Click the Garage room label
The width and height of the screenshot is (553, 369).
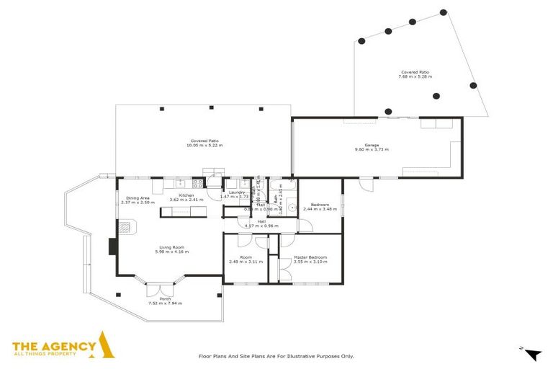click(x=372, y=145)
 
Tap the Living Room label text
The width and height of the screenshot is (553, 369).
click(x=174, y=247)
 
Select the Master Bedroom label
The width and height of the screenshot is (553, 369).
click(x=310, y=257)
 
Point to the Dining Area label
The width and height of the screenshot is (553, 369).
click(x=138, y=198)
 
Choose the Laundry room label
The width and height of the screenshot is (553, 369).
click(x=238, y=192)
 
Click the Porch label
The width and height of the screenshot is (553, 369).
click(x=165, y=298)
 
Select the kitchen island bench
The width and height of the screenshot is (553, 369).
click(x=181, y=211)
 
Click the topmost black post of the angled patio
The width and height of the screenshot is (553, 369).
click(x=443, y=12)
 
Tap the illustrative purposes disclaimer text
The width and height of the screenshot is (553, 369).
click(x=276, y=356)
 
